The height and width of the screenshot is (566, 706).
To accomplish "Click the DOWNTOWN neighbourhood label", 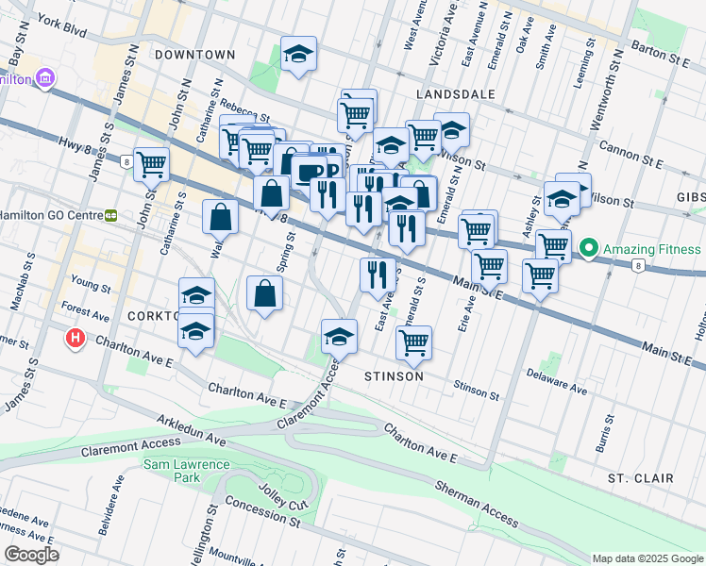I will [194, 55].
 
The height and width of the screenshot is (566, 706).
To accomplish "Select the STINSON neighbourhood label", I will [394, 375].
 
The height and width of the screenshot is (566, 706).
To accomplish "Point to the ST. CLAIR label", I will [640, 478].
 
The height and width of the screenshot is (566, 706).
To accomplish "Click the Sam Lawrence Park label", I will [186, 471].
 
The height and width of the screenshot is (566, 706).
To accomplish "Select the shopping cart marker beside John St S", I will [151, 164].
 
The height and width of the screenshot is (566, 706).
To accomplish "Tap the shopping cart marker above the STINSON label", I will [413, 343].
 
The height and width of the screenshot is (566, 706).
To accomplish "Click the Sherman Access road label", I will [476, 503].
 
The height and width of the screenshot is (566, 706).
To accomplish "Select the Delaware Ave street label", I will [556, 385].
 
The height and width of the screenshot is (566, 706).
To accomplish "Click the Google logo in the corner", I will [31, 554].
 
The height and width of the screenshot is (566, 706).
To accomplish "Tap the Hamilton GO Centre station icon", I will [110, 215].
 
